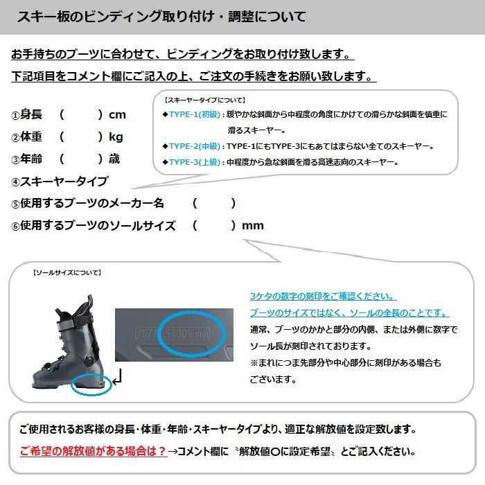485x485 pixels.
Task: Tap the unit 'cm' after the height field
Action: coord(117,114)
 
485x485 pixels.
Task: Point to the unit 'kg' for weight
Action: coord(116,136)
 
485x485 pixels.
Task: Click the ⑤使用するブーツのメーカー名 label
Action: coord(87,203)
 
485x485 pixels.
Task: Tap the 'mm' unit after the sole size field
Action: coord(252,225)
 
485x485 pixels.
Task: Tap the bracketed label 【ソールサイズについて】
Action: coord(67,273)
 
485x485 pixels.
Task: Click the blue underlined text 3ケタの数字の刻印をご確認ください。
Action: coord(324,296)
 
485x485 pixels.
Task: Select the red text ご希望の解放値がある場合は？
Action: coord(93,450)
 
